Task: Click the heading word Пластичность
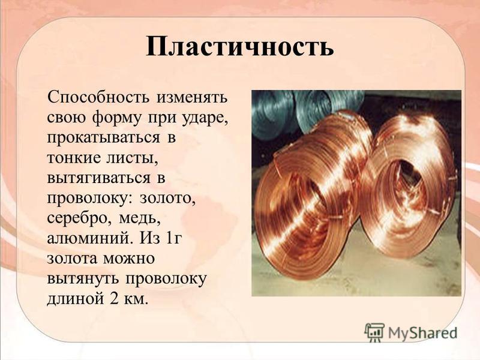(239, 46)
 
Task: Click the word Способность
(98, 98)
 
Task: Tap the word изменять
(192, 98)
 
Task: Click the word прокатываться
(103, 139)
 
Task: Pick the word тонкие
(73, 158)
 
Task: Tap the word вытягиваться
(98, 179)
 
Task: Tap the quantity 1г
(173, 238)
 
